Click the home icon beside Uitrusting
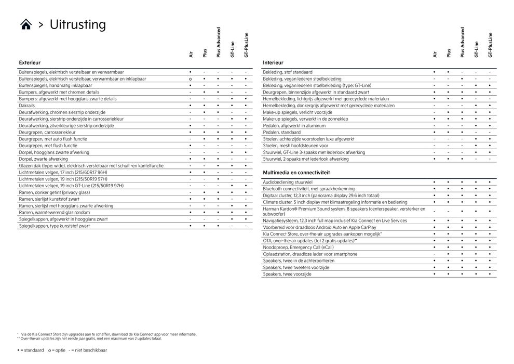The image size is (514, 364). coord(26,24)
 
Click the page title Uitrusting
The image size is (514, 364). coord(77,24)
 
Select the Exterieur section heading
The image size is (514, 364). coord(30,62)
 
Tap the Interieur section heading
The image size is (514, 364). coord(273,62)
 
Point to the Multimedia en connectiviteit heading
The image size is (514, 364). coord(296,172)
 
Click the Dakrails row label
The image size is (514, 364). coord(27,106)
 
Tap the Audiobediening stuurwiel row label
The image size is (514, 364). coord(287,182)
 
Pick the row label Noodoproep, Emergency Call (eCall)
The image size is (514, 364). coord(298,248)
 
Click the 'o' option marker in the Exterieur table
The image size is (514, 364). coord(191,79)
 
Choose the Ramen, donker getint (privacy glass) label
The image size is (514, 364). coord(54,192)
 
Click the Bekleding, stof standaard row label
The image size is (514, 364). coord(288,72)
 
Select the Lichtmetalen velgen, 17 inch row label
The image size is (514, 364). coord(63,172)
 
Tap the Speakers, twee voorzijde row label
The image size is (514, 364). coord(287,274)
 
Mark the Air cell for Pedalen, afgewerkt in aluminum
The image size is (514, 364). coord(434,126)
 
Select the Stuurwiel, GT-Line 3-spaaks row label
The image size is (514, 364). coord(314,152)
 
